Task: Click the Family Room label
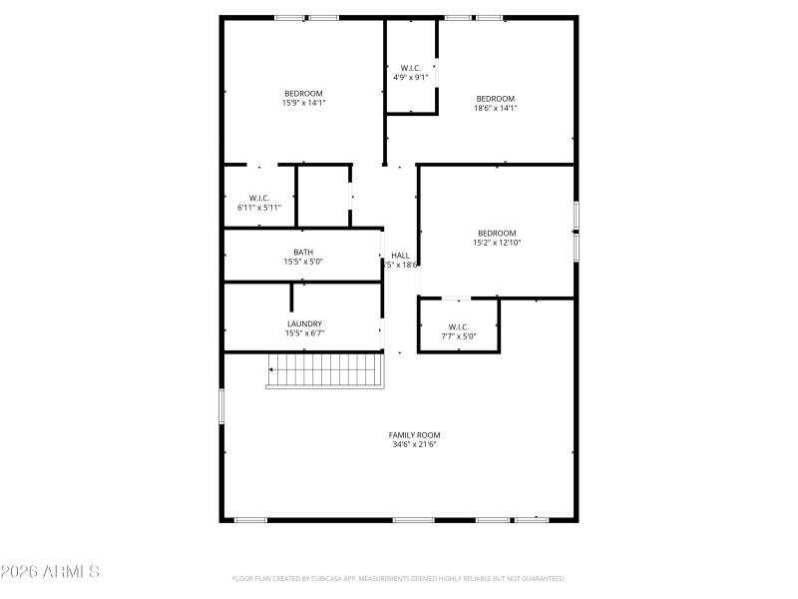click(414, 434)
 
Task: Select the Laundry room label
click(304, 323)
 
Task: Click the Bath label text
click(303, 252)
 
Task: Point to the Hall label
click(400, 256)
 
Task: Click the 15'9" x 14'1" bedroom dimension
click(303, 103)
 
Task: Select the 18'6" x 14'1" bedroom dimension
click(495, 108)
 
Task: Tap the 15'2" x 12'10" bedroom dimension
click(496, 243)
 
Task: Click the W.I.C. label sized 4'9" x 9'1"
click(411, 77)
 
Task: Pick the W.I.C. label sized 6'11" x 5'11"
click(259, 208)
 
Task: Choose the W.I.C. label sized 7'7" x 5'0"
click(459, 336)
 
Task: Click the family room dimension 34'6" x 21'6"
click(414, 444)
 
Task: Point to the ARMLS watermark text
click(50, 572)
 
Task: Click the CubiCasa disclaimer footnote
click(399, 578)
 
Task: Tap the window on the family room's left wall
click(221, 406)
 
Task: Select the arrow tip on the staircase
click(269, 369)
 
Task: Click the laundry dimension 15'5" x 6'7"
click(304, 333)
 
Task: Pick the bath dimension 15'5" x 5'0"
click(303, 262)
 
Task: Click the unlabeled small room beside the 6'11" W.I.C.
click(322, 197)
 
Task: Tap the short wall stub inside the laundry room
click(292, 298)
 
